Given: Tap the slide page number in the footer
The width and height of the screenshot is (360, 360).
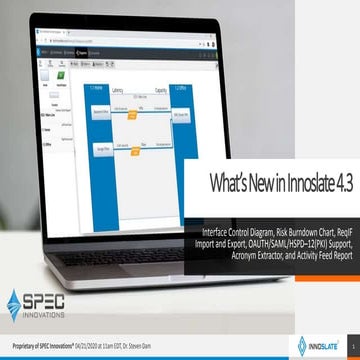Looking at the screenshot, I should (x=349, y=347).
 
